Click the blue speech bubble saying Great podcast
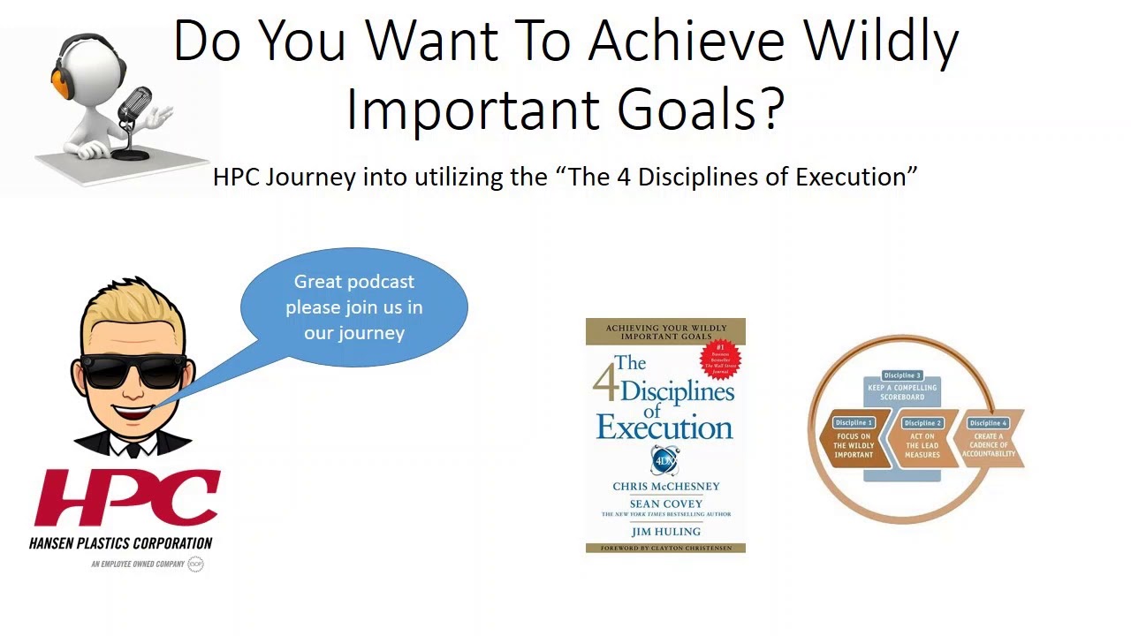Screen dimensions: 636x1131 coord(354,307)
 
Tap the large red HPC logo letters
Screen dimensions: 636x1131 coord(125,498)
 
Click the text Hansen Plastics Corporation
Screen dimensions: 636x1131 coord(121,543)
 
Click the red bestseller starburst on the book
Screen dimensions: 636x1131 coord(721,358)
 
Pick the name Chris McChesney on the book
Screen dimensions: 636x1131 coord(666,487)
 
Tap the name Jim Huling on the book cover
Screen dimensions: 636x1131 coord(665,532)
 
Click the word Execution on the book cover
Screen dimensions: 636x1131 coord(664,428)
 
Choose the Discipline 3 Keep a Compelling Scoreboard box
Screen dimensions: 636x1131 coord(902,389)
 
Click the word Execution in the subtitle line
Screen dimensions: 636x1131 coord(851,177)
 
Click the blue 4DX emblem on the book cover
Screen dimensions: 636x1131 coord(664,460)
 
